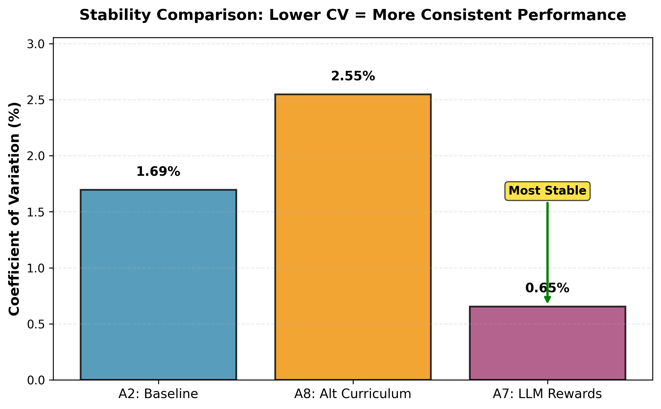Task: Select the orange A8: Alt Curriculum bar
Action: point(353,237)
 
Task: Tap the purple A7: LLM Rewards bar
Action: point(547,343)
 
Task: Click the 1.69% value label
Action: point(158,172)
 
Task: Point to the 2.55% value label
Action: point(353,76)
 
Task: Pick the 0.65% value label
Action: point(547,288)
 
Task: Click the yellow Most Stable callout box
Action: point(547,191)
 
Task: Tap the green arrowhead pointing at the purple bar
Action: point(547,300)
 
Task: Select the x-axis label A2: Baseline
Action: point(158,394)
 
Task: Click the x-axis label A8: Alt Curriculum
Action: point(353,394)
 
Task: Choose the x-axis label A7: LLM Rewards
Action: point(547,394)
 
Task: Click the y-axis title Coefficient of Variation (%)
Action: point(14,209)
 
